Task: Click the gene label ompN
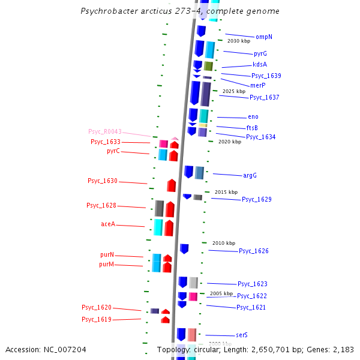(263, 37)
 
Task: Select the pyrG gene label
(260, 54)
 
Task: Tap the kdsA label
(260, 65)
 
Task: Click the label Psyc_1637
(264, 97)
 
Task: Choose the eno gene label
(253, 117)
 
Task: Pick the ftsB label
(252, 128)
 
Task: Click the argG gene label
(250, 176)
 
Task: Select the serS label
(242, 335)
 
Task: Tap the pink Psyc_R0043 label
(105, 131)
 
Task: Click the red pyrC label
(113, 151)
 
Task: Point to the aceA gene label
(108, 224)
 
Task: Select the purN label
(106, 255)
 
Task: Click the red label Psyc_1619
(97, 320)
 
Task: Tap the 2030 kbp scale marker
(238, 41)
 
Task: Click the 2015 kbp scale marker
(226, 192)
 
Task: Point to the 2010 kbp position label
(224, 243)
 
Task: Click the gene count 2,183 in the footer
(344, 349)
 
